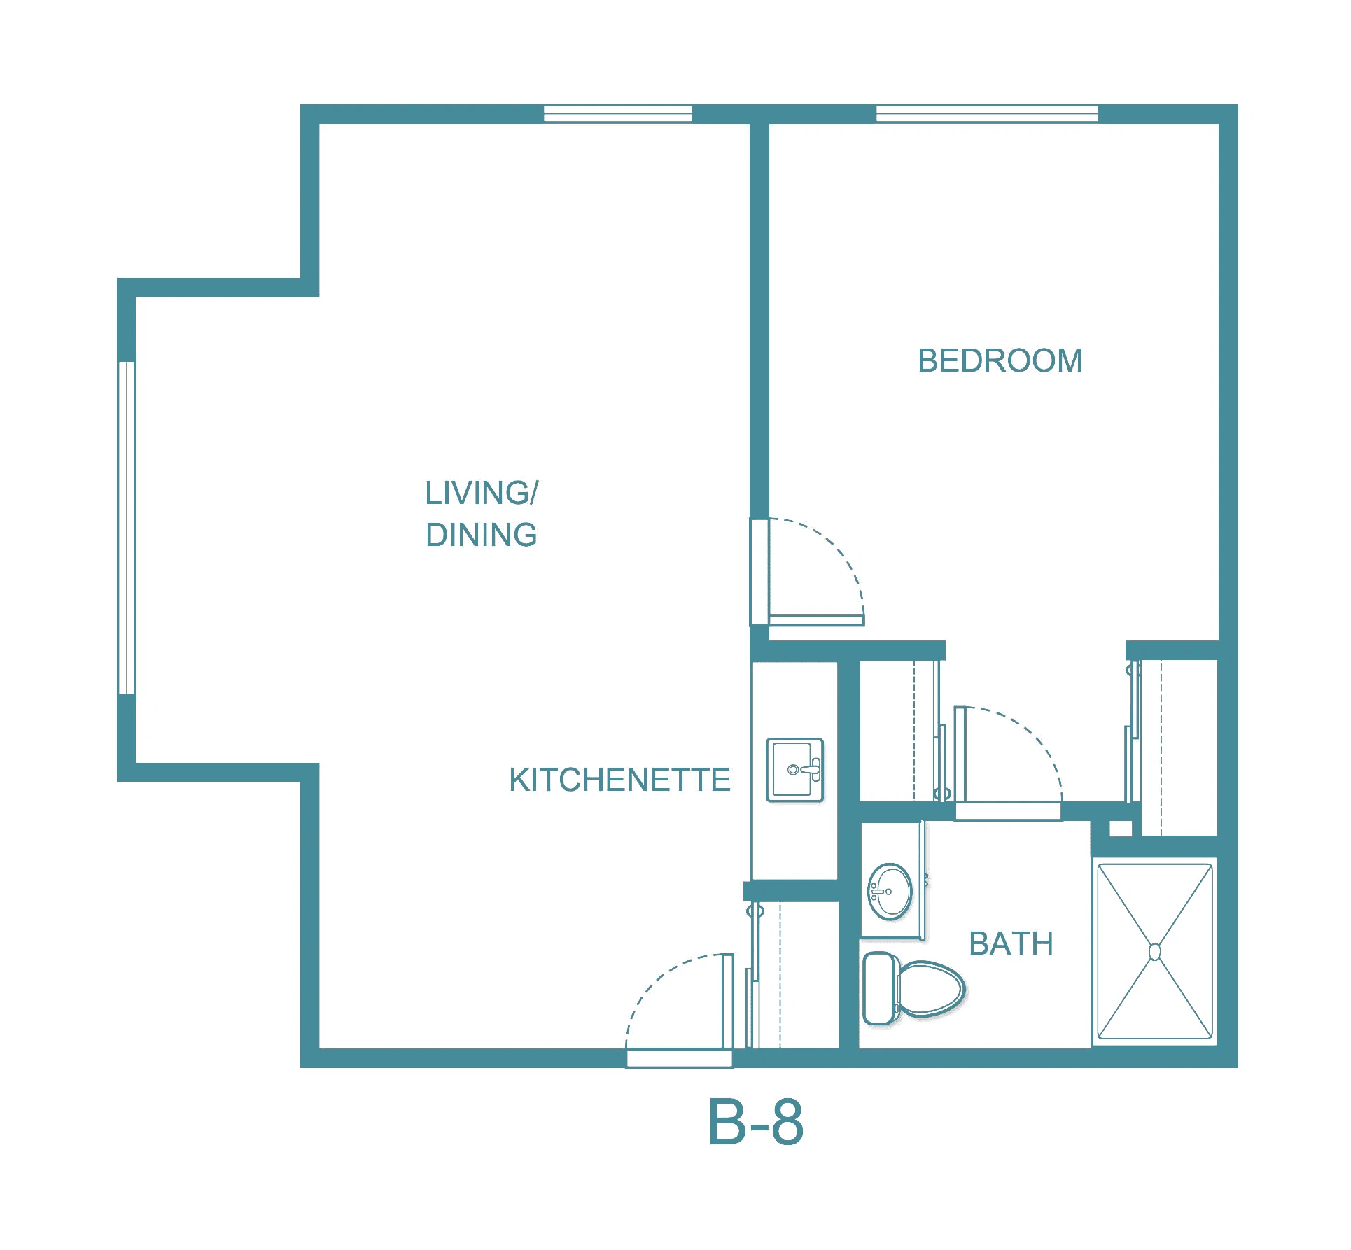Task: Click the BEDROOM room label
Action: [x=1000, y=361]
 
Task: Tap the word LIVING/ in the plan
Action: [x=482, y=493]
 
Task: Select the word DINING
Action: [x=482, y=535]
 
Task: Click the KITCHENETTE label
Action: [x=619, y=780]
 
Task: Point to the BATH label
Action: [x=1011, y=943]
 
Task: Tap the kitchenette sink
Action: [x=794, y=770]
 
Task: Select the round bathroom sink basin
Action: [x=890, y=892]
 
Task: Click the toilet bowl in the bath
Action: [x=929, y=989]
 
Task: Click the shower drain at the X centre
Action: [x=1154, y=952]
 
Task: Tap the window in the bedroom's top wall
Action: [x=987, y=113]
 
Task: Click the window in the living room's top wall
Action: [x=617, y=113]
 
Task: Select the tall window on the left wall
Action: [x=127, y=528]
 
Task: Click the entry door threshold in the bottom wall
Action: [x=680, y=1059]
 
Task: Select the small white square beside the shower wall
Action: [x=1121, y=828]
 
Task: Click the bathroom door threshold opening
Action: [x=1009, y=812]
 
